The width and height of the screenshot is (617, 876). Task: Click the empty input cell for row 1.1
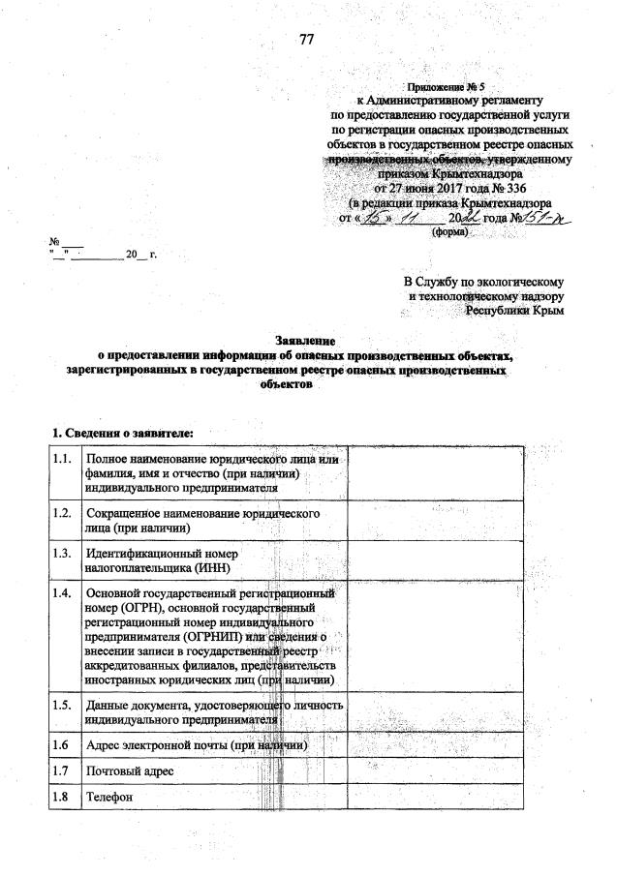coord(436,472)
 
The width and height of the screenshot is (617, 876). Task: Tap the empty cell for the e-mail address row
coord(436,745)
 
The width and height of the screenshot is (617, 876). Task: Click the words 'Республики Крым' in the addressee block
coord(513,311)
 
